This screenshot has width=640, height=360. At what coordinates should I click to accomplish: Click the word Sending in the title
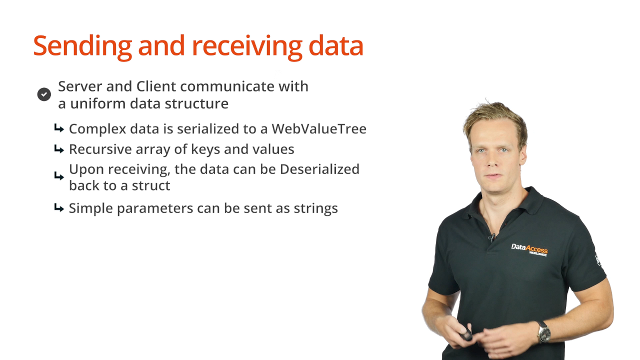82,46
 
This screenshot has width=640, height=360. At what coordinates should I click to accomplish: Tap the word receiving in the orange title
247,46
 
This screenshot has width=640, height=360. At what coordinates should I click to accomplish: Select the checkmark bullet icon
44,94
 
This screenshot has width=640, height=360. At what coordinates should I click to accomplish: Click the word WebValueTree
319,129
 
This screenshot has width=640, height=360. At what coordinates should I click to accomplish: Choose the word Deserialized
319,169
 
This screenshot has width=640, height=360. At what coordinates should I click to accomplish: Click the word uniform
98,103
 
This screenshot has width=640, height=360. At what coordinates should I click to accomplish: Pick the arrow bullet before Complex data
59,128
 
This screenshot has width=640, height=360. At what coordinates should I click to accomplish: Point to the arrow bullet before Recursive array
59,149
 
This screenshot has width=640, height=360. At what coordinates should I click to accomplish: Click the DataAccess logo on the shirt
529,249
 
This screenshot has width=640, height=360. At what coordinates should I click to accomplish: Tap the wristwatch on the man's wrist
543,331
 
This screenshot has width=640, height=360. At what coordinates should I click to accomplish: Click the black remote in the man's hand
465,332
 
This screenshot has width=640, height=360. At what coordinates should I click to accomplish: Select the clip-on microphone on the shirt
492,237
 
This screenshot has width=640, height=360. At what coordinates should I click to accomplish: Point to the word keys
205,149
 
